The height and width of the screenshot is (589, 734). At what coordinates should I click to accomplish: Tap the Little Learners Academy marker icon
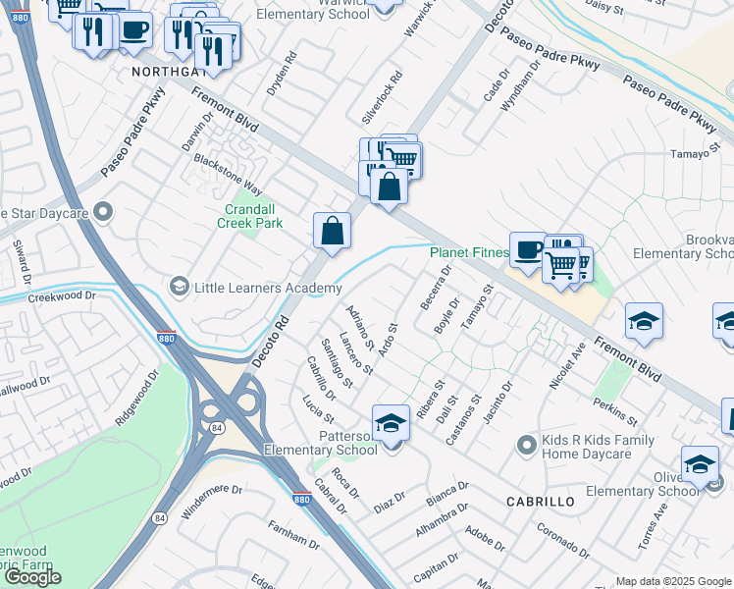click(x=179, y=287)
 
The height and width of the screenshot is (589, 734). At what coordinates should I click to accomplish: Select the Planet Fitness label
click(x=469, y=252)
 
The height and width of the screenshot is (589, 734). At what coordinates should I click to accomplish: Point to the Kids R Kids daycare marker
click(x=528, y=445)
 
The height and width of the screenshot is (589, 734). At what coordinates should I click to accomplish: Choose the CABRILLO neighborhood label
click(x=540, y=501)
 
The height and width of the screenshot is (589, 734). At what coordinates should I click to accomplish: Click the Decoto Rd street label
click(x=270, y=342)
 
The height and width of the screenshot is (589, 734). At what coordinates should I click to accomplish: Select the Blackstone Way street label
click(x=228, y=173)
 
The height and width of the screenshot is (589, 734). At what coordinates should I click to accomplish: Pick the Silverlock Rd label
click(x=382, y=95)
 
